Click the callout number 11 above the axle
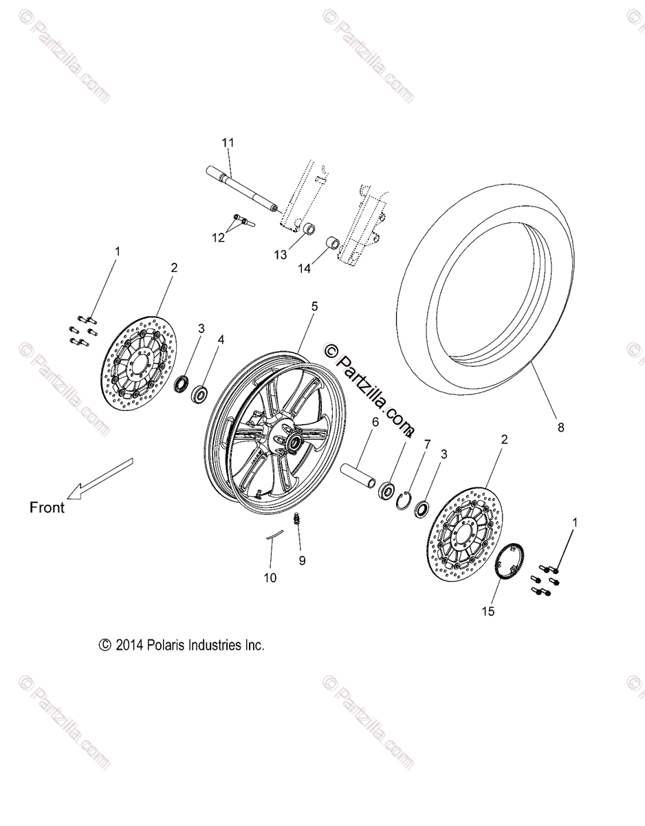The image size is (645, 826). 228,143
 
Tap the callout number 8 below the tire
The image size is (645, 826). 560,427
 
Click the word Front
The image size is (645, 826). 47,508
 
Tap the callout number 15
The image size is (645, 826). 489,611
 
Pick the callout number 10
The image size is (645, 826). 270,578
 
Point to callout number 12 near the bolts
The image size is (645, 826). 219,237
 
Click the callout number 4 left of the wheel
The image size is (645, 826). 221,339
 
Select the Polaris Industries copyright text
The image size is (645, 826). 182,646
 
